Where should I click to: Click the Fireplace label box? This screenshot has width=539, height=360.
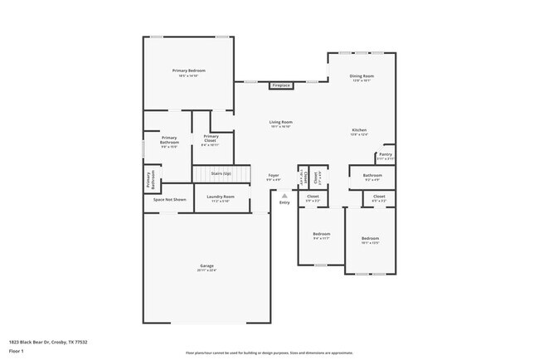coord(281,85)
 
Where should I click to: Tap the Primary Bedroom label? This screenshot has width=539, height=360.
coord(189,71)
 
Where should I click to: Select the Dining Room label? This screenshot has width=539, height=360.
coord(362,76)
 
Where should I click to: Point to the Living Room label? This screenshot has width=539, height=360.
coord(280,123)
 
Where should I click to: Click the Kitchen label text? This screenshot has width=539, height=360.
coord(359,130)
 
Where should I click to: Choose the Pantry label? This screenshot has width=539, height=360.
coord(385,154)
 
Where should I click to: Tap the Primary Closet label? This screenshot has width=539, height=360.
coord(211,137)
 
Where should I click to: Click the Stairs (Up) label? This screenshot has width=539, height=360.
coord(221,174)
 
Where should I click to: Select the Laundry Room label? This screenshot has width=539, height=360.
coord(221,197)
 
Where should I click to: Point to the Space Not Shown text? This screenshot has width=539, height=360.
coord(169,200)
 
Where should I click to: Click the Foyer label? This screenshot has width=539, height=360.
coord(273,176)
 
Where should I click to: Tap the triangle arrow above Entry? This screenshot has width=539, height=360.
coord(284,195)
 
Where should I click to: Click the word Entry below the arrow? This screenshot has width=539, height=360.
coord(284,202)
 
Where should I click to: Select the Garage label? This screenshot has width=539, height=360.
coord(206,266)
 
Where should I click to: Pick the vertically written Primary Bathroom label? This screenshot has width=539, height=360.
coord(150,179)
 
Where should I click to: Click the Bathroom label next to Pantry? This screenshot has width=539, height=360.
coord(372,175)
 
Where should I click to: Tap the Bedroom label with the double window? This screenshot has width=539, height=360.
coord(370,239)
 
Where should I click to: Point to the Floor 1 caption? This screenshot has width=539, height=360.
coord(17,350)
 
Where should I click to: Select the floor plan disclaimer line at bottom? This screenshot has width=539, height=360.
coord(269,353)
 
